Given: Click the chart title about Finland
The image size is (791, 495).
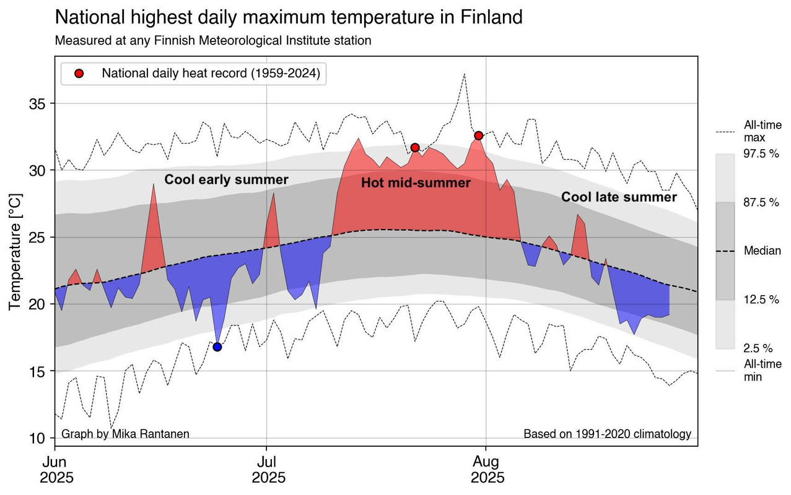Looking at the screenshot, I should [289, 17].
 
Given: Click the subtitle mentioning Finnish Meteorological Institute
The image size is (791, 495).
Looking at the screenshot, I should [213, 41].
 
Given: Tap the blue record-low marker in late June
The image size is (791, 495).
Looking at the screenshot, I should [217, 346].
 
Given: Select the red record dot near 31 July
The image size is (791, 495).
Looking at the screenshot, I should [478, 136].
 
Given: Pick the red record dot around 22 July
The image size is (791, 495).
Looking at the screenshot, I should [415, 147].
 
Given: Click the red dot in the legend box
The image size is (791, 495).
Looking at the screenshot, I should [79, 74].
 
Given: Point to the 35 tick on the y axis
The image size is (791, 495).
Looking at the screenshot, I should [38, 103].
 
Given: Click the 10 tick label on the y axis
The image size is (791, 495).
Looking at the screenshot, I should [38, 438].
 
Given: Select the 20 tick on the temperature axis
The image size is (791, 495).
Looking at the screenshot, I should [38, 304].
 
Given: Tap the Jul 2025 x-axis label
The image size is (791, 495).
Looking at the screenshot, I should [268, 470].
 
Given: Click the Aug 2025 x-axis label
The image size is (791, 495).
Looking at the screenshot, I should [487, 470].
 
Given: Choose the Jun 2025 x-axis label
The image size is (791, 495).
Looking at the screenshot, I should [56, 470].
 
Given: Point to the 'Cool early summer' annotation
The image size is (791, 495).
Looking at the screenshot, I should [226, 180].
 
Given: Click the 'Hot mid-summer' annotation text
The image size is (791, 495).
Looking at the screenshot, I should [416, 183].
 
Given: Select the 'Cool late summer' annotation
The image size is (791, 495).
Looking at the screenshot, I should [619, 197].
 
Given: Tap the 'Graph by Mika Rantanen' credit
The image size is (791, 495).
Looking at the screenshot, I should [125, 434].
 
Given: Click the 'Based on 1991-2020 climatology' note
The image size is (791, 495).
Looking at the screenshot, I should [607, 434].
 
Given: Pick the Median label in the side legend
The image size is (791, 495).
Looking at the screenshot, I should [762, 251].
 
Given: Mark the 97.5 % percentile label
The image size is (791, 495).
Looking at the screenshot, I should [761, 154].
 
